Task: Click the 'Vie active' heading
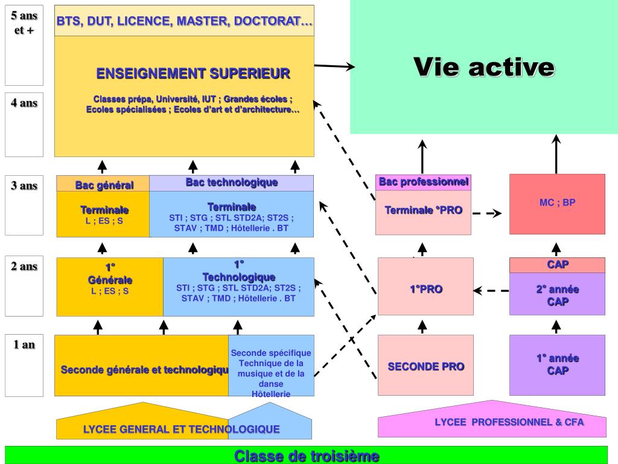click(x=484, y=66)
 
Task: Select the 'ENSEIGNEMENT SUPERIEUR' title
click(x=193, y=74)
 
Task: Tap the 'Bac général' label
click(x=104, y=185)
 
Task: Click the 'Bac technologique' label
click(x=232, y=182)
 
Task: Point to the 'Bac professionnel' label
click(x=423, y=182)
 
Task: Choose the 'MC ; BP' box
click(x=557, y=204)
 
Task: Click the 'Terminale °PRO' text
click(x=423, y=210)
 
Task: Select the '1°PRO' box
click(x=425, y=289)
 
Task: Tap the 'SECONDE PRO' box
click(x=425, y=366)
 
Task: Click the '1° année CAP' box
click(x=557, y=364)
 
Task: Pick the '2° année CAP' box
click(x=557, y=295)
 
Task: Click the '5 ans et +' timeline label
click(x=24, y=23)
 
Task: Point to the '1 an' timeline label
click(x=24, y=345)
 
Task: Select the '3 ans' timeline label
click(x=24, y=185)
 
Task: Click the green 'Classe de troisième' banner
click(x=307, y=456)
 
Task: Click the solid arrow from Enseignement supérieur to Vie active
click(x=334, y=66)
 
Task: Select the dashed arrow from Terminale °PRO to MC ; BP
click(x=487, y=213)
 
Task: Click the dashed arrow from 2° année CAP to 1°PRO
click(x=491, y=291)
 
